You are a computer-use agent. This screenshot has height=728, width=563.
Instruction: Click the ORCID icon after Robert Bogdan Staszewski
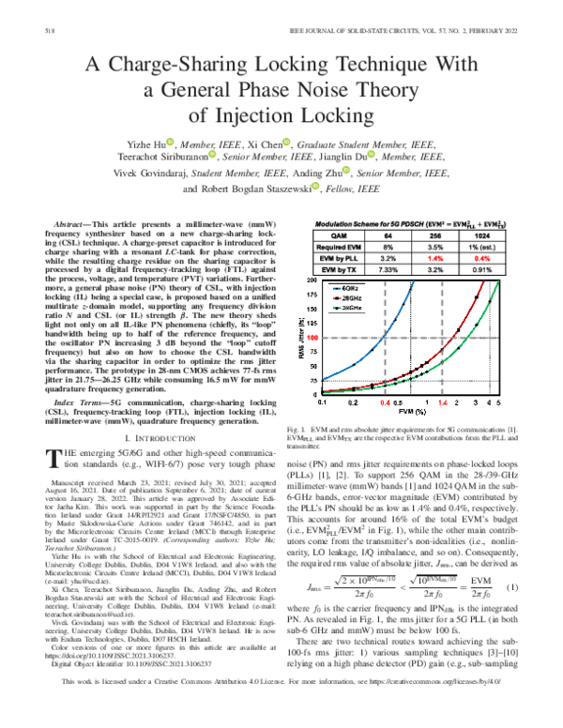coord(322,187)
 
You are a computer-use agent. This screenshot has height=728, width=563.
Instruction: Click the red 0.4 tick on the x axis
coord(384,426)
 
